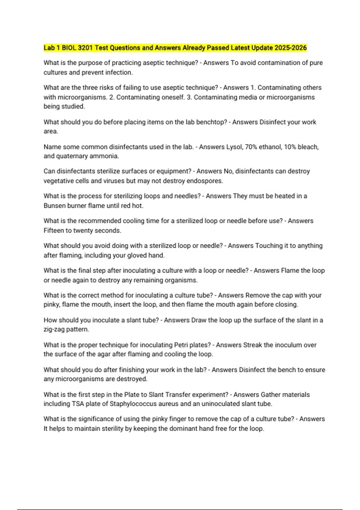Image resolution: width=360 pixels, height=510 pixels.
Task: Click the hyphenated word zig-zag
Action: pyautogui.click(x=54, y=329)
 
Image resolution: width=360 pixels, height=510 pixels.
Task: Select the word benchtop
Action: pyautogui.click(x=210, y=122)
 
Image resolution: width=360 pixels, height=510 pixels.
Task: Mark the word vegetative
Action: pyautogui.click(x=58, y=181)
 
